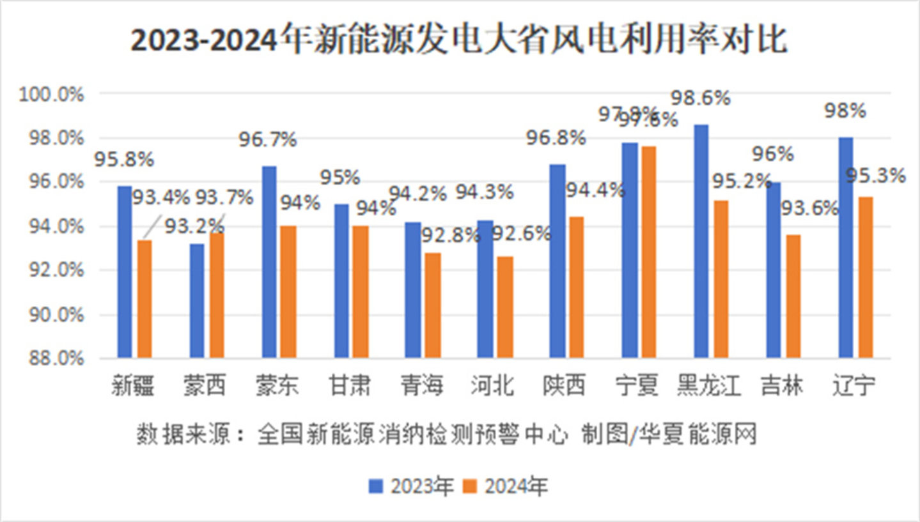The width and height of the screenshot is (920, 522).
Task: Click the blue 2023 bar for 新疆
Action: click(124, 272)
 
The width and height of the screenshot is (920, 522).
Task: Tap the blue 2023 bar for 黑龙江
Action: click(701, 241)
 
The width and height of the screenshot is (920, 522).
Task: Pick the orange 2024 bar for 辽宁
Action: click(866, 277)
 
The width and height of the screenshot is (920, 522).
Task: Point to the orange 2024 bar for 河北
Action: click(505, 307)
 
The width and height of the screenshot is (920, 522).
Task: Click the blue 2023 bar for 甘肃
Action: click(341, 280)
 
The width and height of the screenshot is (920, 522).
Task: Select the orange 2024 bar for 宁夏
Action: click(649, 252)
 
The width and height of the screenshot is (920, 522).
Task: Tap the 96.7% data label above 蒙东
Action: click(267, 139)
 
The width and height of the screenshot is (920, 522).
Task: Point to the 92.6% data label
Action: click(520, 234)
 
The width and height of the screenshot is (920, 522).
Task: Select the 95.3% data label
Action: click(875, 175)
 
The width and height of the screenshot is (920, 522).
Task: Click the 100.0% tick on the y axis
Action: click(52, 95)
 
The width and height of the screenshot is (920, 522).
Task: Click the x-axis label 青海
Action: click(421, 385)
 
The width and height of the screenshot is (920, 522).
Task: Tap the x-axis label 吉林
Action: click(781, 385)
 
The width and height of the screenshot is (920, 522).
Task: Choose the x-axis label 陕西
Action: click(565, 385)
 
